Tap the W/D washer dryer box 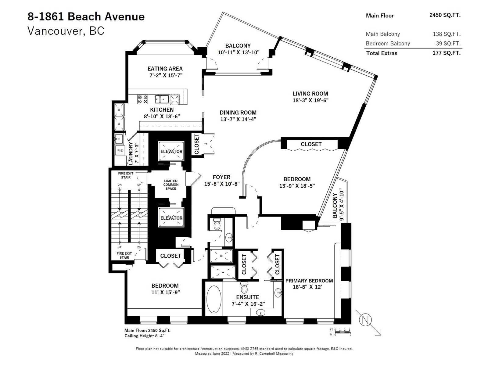tap(120, 150)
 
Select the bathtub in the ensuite tap(213, 299)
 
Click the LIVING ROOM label tap(310, 94)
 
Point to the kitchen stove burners tap(142, 99)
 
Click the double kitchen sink tap(162, 99)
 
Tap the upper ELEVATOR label tap(171, 151)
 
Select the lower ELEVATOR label tap(171, 218)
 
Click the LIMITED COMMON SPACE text tap(171, 185)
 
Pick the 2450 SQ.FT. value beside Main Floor tap(445, 15)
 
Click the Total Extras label tap(382, 53)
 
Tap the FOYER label tap(222, 177)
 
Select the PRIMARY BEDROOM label tap(309, 281)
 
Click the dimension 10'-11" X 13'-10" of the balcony tap(239, 52)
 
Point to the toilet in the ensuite tap(244, 288)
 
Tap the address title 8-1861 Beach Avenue tap(86, 16)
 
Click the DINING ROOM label tap(238, 113)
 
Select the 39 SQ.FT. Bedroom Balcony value tap(448, 43)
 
